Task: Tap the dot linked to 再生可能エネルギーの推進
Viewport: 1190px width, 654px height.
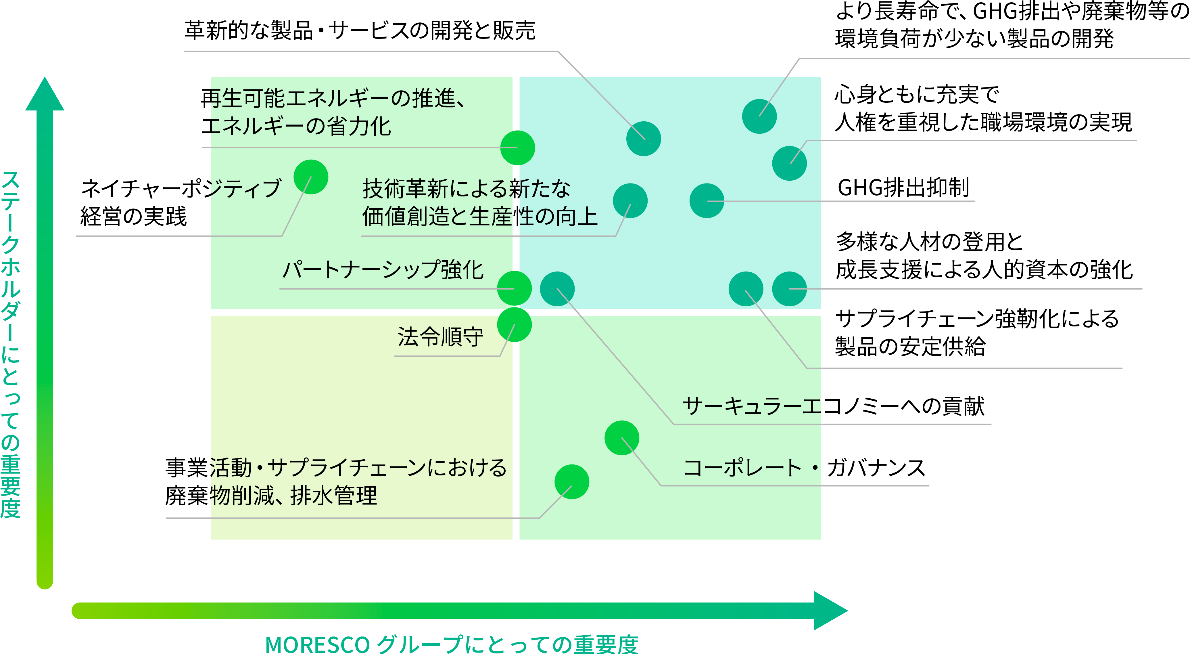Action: click(x=517, y=148)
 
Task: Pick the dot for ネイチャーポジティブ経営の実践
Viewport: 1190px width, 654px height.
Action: click(x=311, y=177)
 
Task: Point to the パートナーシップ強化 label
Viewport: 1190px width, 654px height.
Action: click(x=383, y=270)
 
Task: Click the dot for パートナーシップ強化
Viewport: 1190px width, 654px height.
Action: click(x=514, y=288)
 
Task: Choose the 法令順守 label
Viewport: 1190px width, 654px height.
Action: click(x=440, y=337)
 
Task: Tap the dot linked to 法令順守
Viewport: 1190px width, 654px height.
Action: click(x=514, y=324)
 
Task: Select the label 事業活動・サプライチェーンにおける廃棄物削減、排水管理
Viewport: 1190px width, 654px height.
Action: click(x=336, y=482)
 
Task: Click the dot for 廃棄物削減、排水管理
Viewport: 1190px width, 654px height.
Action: click(x=572, y=482)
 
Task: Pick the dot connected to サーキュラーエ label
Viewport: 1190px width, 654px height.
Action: click(x=557, y=289)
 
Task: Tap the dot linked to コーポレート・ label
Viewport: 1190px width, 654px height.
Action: click(x=622, y=438)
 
